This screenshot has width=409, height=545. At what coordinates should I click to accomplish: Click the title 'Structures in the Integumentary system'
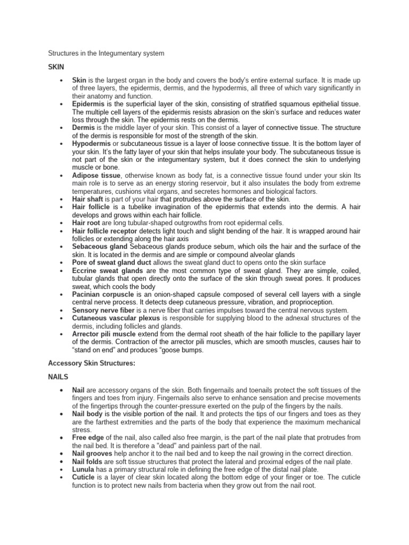click(x=107, y=53)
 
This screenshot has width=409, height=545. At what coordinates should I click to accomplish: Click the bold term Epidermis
click(x=89, y=104)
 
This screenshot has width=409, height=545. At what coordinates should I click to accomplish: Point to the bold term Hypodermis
click(x=91, y=144)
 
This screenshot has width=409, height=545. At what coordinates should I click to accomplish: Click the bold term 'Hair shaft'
click(x=88, y=199)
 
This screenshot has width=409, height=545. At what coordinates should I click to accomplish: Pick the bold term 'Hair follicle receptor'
click(x=105, y=231)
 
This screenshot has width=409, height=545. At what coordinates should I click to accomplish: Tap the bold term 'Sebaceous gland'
click(x=100, y=247)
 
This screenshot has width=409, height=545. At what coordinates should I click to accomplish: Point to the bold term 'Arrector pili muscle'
click(x=105, y=334)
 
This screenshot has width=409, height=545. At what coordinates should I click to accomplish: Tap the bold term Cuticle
click(x=84, y=477)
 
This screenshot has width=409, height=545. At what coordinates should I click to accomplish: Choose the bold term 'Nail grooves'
click(x=92, y=453)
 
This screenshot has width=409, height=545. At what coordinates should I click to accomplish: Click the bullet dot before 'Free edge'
click(x=62, y=438)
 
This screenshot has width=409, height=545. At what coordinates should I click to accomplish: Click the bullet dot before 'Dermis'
click(x=62, y=128)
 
